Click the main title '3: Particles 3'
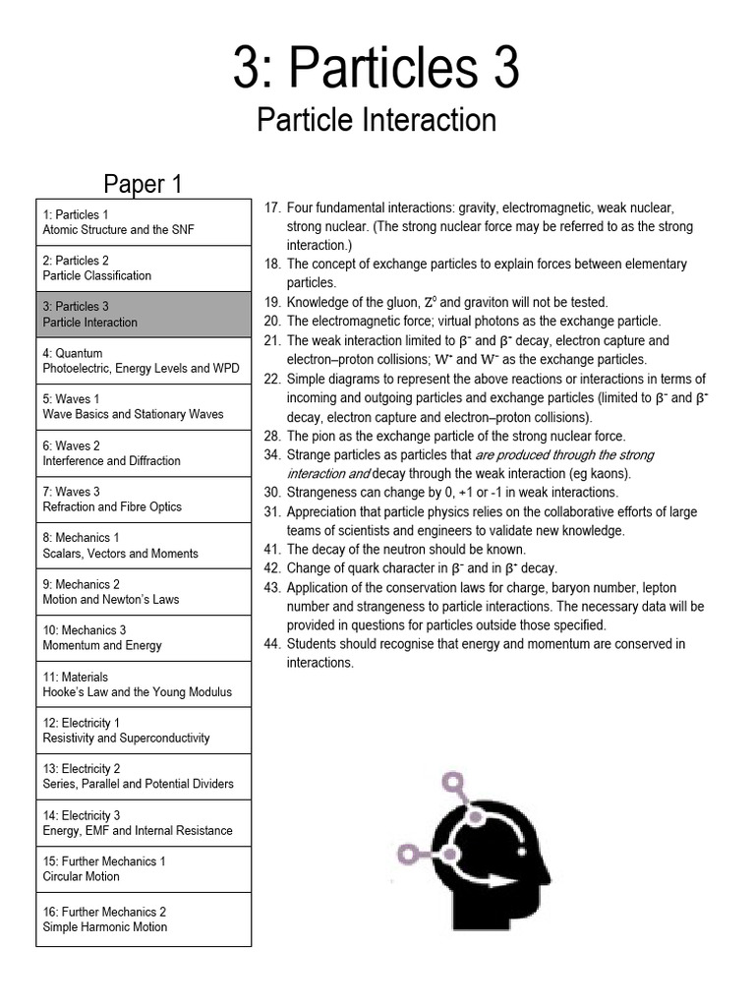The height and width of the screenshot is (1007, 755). click(377, 69)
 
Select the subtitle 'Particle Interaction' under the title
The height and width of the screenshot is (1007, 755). click(377, 121)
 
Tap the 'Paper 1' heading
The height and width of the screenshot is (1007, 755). click(144, 184)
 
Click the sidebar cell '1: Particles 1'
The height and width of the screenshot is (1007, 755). click(144, 222)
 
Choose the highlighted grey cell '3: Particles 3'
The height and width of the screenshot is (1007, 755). click(144, 315)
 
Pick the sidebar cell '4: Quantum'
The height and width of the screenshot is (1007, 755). click(144, 361)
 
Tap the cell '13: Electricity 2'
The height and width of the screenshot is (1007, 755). click(144, 777)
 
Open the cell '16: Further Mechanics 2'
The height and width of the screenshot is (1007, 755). click(144, 919)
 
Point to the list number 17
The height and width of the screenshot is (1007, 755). click(272, 208)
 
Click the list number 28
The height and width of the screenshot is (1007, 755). click(272, 436)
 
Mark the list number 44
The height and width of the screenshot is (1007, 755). click(272, 644)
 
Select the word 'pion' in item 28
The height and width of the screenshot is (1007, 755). click(325, 436)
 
